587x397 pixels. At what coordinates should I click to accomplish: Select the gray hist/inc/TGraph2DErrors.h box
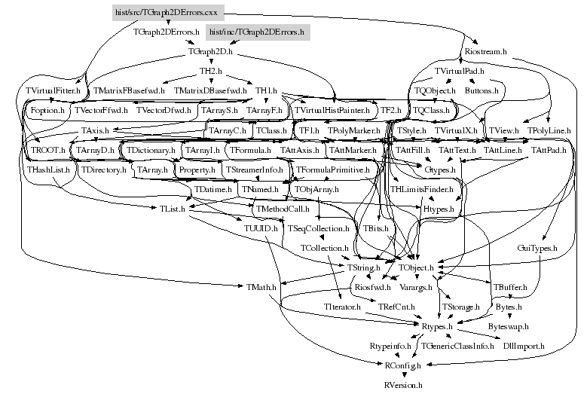(x=255, y=32)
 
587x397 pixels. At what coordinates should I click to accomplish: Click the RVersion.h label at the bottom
(x=403, y=384)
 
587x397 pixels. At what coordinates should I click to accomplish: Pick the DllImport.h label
(x=523, y=346)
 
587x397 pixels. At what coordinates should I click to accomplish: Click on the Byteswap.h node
(x=509, y=326)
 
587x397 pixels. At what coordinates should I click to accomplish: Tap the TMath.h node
(x=261, y=287)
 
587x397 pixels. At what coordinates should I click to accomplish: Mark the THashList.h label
(x=49, y=169)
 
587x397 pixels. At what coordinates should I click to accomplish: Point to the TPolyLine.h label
(x=549, y=130)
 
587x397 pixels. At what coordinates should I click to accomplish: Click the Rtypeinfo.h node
(x=390, y=346)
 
